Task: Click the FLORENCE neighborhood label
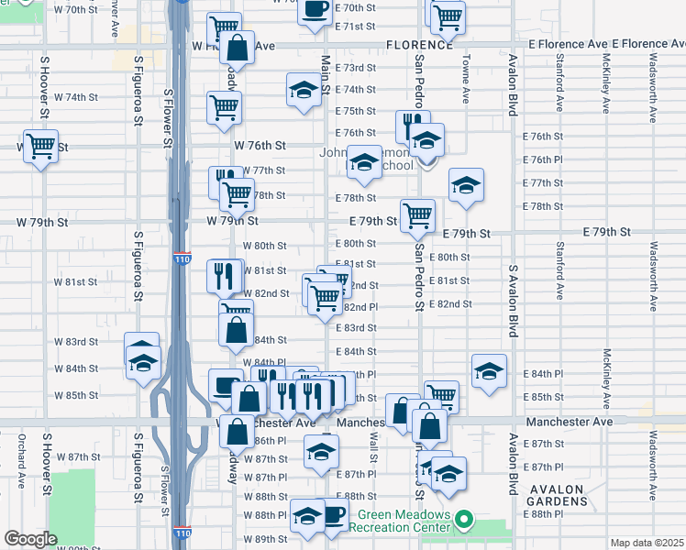(x=419, y=44)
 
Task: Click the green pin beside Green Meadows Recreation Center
(x=464, y=521)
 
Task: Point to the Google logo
(x=30, y=539)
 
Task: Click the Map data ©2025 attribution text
(x=647, y=543)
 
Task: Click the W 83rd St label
(x=76, y=342)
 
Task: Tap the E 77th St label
(x=541, y=183)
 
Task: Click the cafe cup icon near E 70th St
(x=315, y=9)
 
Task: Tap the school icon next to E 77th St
(x=466, y=183)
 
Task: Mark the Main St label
(x=326, y=72)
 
